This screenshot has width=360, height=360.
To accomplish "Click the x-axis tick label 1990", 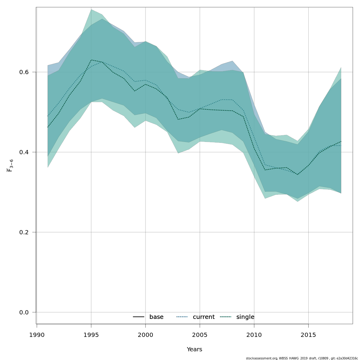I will pos(37,335).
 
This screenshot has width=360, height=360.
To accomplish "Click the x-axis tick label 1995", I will pos(91,335).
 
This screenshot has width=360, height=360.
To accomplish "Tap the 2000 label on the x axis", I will pos(145,335).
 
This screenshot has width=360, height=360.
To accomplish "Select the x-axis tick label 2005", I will pos(200,335).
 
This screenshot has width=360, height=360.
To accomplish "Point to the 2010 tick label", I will pos(254,335).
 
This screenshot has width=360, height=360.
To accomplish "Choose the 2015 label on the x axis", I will pos(308,335).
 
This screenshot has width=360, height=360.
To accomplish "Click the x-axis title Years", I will pos(194,349).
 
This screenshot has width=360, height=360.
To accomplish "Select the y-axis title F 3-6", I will pos(10,166).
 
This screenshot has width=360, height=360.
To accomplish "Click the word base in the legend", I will pos(156,317).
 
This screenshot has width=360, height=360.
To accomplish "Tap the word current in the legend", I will pos(204,317).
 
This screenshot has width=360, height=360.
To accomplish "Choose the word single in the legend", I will pos(245,317).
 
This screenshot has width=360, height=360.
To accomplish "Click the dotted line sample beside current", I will pos(182,317).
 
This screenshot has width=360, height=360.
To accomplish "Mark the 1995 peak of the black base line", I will pos(91,60).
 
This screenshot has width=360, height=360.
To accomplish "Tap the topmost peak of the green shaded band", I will pos(91,9).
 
